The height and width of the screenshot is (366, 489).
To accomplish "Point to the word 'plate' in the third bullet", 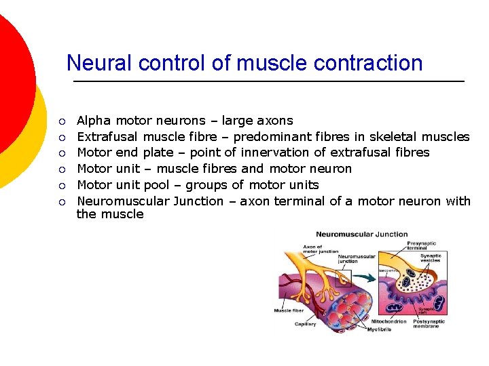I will point(158,152).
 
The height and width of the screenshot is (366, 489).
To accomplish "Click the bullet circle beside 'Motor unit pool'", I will point(62,186).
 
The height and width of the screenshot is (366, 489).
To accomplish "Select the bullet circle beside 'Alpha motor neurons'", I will point(62,122).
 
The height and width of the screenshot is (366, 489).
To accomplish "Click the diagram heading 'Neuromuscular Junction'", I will point(361,235).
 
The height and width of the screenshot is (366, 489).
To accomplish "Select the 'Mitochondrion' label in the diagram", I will point(389,321).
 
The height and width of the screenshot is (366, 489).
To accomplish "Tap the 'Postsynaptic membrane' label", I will point(428,323).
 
